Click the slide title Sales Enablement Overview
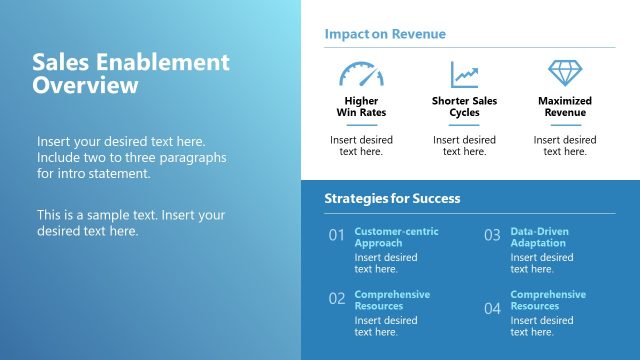click(131, 74)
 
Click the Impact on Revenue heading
click(385, 34)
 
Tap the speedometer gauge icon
click(361, 74)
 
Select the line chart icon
click(464, 74)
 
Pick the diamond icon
click(565, 73)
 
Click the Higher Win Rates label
click(361, 107)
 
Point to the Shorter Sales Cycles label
click(464, 107)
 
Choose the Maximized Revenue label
click(565, 107)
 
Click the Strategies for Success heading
click(392, 198)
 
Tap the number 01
click(337, 236)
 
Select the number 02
click(337, 298)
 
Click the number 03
click(492, 236)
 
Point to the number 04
click(492, 308)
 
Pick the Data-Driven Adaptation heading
click(539, 237)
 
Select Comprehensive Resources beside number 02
click(392, 300)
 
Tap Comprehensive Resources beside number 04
click(548, 300)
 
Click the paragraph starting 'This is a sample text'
click(131, 223)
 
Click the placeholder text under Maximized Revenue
click(565, 146)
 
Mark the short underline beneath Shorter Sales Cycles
click(464, 125)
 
